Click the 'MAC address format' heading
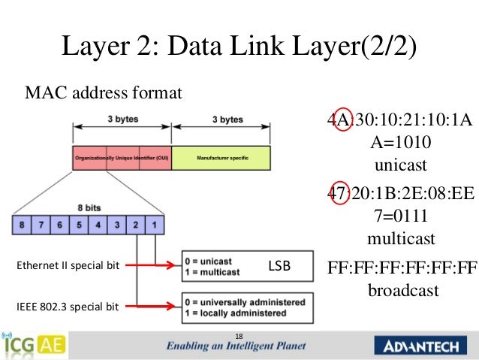click(104, 95)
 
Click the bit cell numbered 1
click(154, 225)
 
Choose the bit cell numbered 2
click(135, 225)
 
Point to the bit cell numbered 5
click(79, 225)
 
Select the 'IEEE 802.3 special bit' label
click(68, 306)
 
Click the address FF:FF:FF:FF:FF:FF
click(403, 269)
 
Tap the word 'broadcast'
click(403, 290)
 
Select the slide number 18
click(239, 335)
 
